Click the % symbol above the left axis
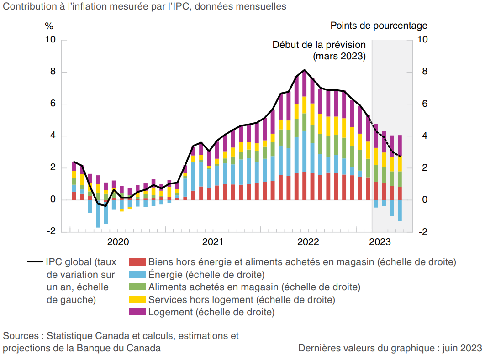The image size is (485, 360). pos(49,26)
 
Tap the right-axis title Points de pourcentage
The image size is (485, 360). pos(379,26)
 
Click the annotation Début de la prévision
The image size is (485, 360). pos(319,45)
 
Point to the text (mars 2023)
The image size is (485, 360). pos(339,57)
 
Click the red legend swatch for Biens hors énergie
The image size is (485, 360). pos(137,262)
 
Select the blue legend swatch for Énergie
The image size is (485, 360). pos(137,275)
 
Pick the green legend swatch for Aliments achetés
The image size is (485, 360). pos(137,287)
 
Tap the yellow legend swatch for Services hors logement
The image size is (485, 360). pos(137,300)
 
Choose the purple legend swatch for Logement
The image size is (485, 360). pos(137,312)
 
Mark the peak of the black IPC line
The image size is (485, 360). pos(305,70)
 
